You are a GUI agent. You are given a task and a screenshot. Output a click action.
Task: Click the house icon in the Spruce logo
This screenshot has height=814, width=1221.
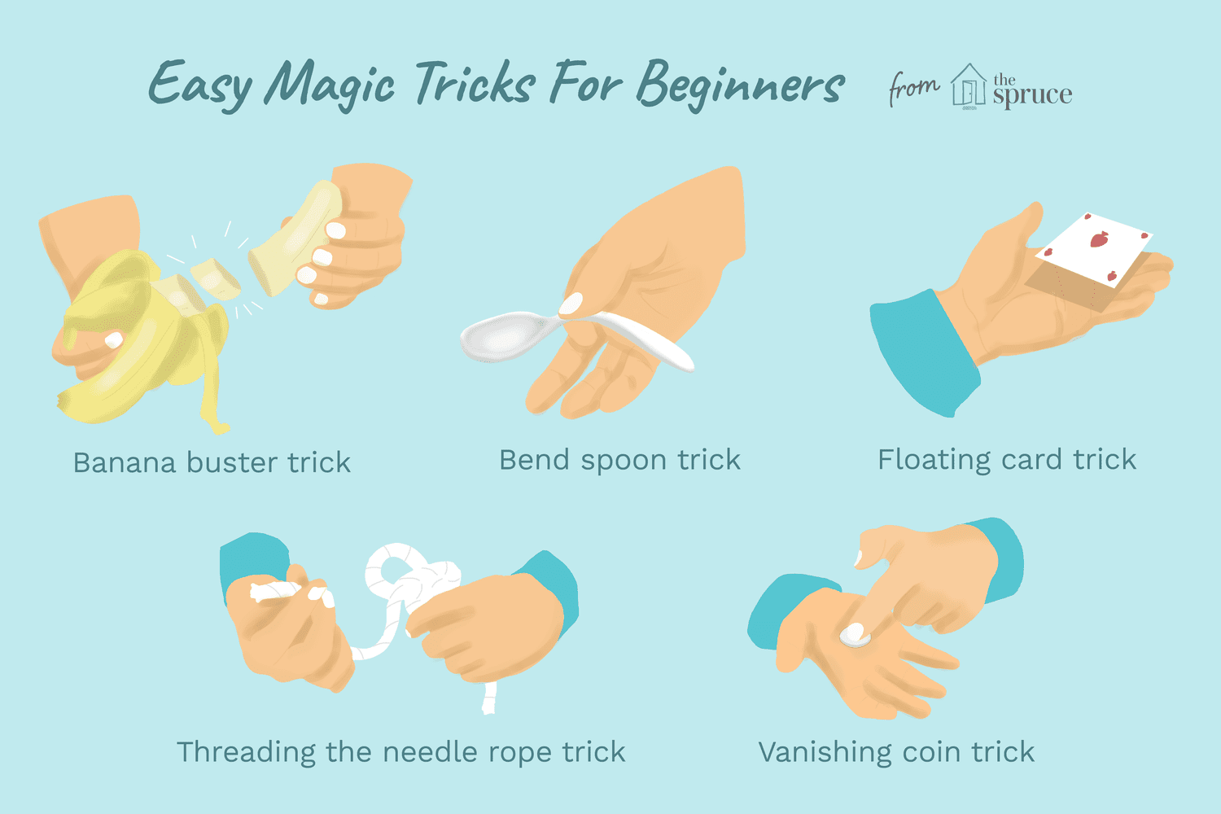tap(969, 85)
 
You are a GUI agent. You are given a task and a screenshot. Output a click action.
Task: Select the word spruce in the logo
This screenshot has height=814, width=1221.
tap(1032, 95)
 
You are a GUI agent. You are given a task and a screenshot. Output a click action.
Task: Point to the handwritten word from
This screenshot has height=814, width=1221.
tap(913, 87)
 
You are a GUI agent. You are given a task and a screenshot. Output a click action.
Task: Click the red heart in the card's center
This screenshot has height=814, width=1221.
tap(1098, 239)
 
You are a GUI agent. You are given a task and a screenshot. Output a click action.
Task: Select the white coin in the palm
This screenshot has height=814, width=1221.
tap(854, 634)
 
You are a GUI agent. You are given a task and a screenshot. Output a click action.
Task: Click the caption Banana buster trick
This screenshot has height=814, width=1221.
tap(212, 462)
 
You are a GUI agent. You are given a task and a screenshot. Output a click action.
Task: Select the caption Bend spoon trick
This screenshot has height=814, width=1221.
tap(619, 460)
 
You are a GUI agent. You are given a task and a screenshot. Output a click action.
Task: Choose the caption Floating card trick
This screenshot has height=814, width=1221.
tap(1006, 460)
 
